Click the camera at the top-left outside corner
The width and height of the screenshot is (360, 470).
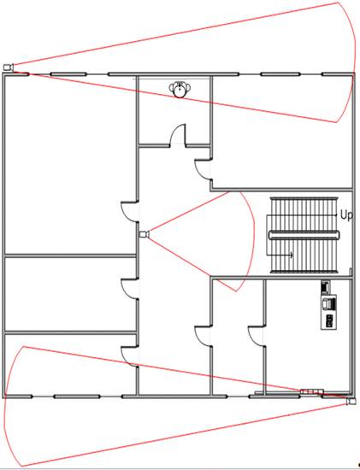pos(9,68)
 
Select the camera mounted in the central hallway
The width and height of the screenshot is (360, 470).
pos(145,234)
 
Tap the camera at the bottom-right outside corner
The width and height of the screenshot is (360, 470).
pos(351,402)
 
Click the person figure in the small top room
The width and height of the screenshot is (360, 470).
pos(180,89)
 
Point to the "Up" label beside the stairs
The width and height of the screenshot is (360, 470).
pos(346,215)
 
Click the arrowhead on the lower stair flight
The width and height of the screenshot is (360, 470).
pos(292,256)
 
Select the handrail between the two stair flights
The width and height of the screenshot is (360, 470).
pos(304,235)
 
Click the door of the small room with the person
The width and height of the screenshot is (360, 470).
pos(178,135)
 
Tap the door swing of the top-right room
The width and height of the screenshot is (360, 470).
pos(203,169)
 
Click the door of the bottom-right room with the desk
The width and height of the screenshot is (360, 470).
pos(257,336)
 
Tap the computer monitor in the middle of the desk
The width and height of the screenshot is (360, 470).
pos(328,303)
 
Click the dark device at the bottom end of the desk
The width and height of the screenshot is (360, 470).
pos(329,320)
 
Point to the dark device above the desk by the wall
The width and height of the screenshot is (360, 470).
pos(325,287)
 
